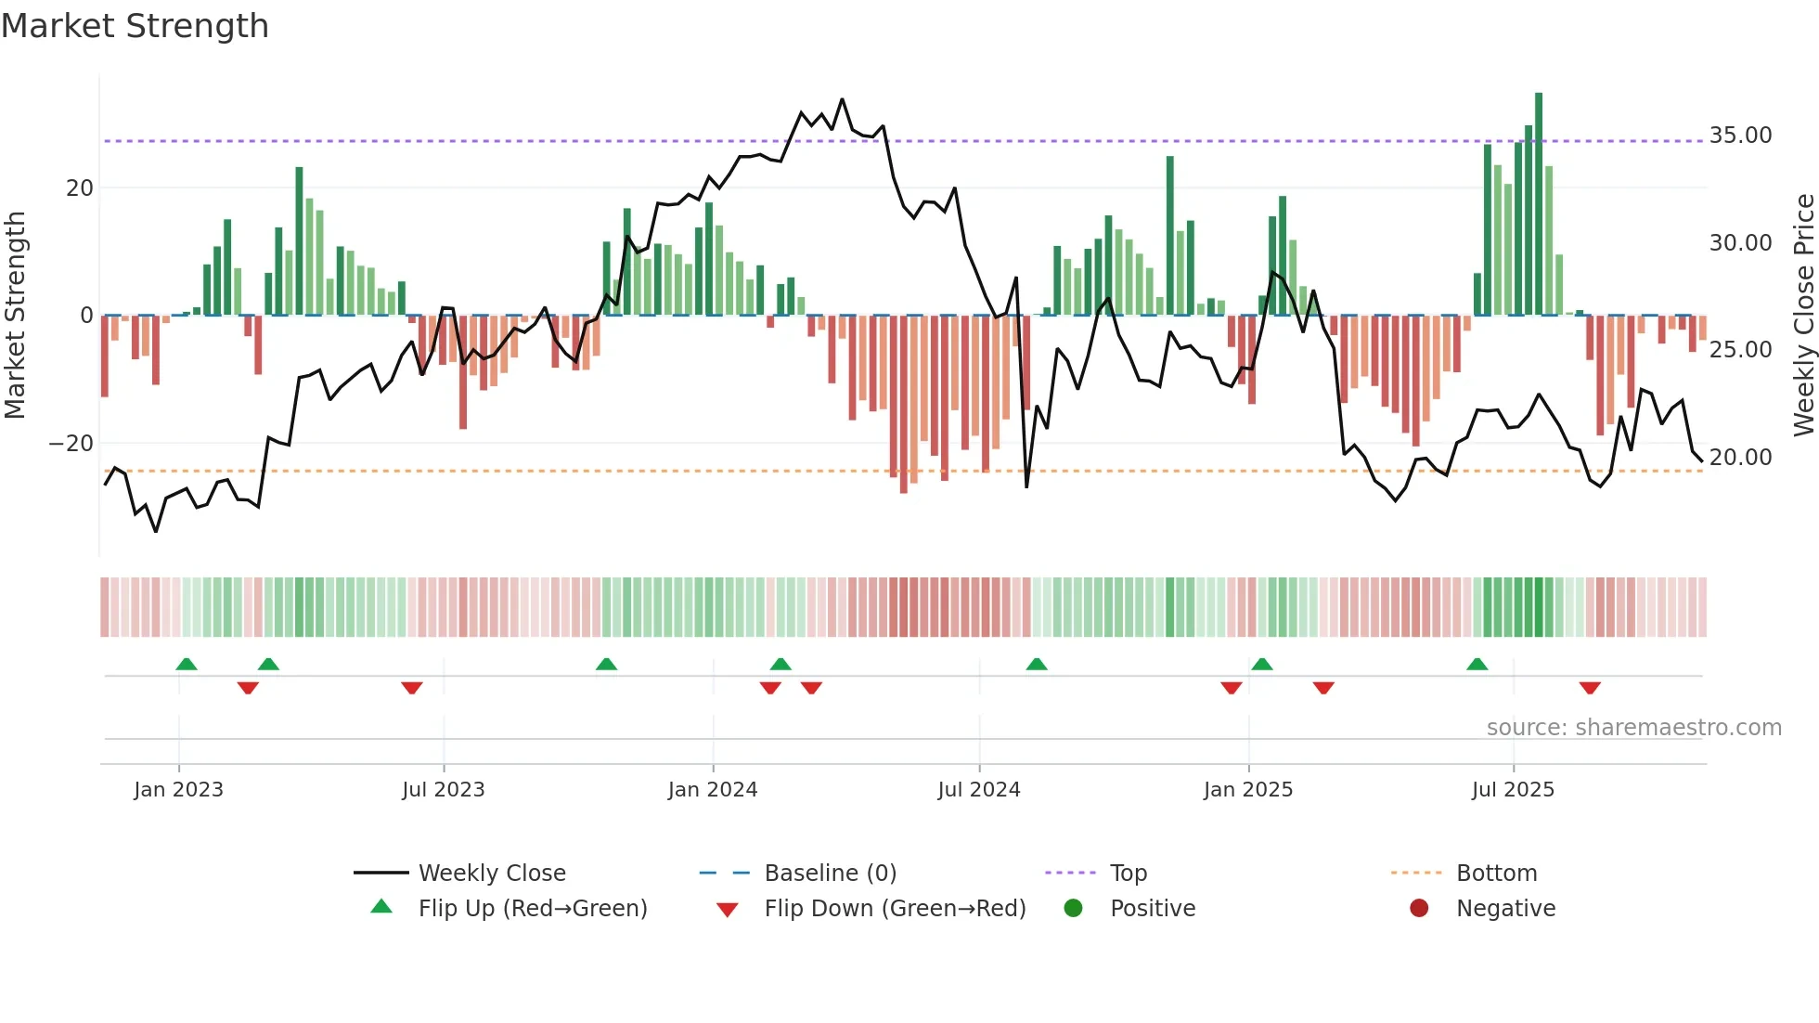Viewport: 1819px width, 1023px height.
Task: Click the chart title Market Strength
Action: click(135, 26)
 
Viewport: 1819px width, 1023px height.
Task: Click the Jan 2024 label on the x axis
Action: click(712, 790)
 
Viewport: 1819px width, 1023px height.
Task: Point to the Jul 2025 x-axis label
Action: click(1512, 790)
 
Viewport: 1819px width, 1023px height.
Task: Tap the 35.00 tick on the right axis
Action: click(1740, 136)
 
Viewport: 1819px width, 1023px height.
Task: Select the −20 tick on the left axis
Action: click(71, 444)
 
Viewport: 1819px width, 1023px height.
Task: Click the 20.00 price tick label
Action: click(1740, 458)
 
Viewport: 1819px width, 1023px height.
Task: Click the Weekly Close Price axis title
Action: click(1803, 315)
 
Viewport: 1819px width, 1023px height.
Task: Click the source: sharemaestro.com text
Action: click(1633, 728)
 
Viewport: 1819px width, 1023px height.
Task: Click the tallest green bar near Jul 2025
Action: click(1539, 204)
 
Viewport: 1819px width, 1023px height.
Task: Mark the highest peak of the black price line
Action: click(843, 99)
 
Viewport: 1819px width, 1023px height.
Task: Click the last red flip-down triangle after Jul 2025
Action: click(1590, 688)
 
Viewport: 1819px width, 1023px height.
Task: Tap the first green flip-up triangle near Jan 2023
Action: click(187, 664)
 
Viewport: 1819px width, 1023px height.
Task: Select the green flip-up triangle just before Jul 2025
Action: click(1477, 664)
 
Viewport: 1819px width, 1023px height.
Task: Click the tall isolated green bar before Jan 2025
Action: click(1170, 236)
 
